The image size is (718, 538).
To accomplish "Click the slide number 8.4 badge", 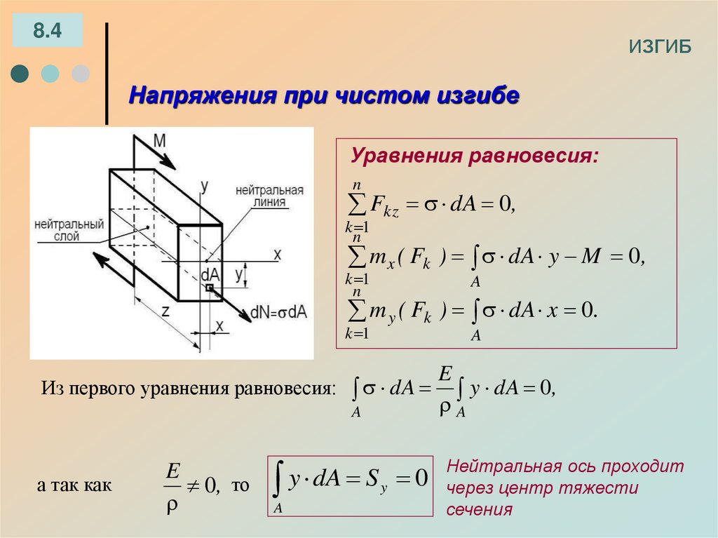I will [x=47, y=30].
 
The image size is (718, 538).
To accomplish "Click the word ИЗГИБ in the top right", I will [x=660, y=46].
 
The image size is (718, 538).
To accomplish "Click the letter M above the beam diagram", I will [x=160, y=140].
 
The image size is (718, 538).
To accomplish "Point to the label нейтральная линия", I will [x=269, y=196].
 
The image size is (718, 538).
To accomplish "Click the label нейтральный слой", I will [x=68, y=230].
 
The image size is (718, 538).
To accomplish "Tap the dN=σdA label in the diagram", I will [x=280, y=311].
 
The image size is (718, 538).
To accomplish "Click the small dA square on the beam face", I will [x=209, y=288].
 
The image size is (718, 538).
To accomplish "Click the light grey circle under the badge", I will [x=81, y=74].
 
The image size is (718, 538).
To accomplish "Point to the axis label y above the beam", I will [x=204, y=187].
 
